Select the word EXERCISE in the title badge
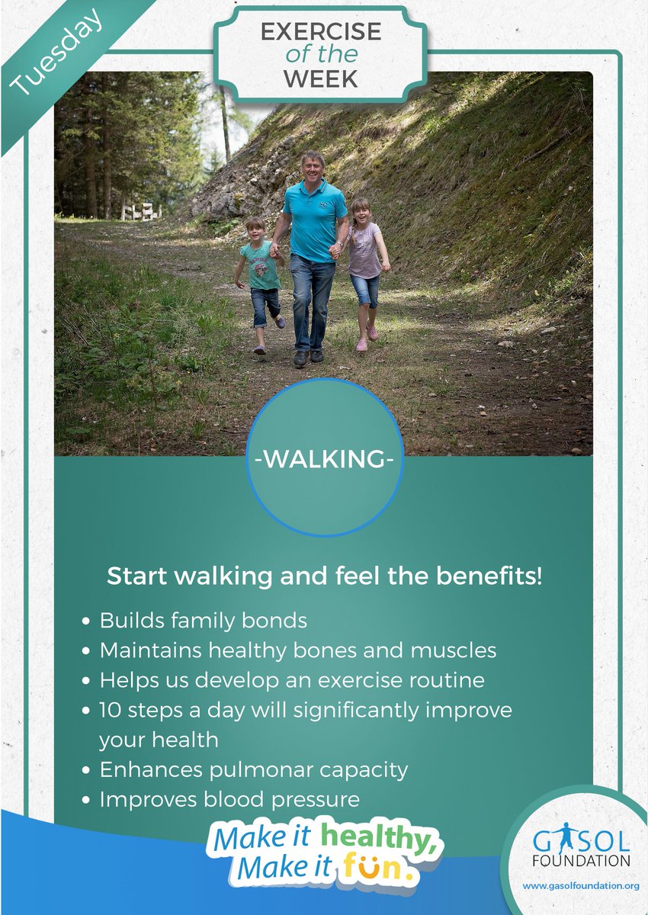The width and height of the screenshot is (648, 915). (x=320, y=32)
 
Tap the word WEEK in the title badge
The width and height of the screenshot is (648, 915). (x=320, y=79)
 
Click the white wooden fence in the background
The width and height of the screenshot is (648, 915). (x=141, y=211)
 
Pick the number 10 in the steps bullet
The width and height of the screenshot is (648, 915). (x=110, y=710)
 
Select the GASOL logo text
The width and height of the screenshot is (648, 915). (x=582, y=843)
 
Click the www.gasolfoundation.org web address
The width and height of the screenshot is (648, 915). (x=580, y=886)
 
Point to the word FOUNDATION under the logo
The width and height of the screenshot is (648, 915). (x=582, y=861)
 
